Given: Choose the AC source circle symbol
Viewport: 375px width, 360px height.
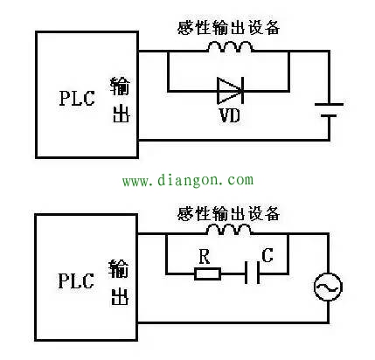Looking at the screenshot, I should (328, 286).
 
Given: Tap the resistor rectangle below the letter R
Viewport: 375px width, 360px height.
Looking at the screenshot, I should (206, 273).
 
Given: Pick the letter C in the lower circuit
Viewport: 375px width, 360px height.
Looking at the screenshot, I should (267, 256).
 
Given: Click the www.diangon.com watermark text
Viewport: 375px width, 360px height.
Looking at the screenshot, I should (187, 181).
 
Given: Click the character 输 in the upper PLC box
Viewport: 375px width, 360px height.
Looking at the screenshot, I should (120, 85).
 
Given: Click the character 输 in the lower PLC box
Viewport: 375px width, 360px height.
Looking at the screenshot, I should (119, 268).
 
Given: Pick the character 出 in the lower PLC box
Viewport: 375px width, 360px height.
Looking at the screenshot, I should (119, 297).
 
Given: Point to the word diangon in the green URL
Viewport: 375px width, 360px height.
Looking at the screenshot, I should (186, 181).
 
